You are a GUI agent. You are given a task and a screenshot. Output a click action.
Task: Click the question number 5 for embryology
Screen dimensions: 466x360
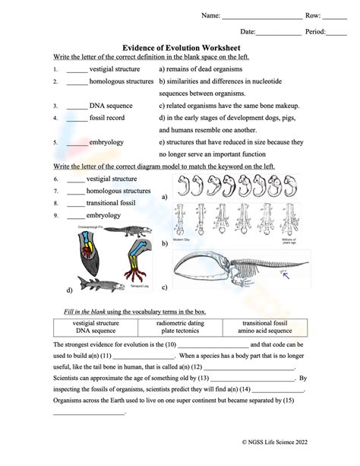56,142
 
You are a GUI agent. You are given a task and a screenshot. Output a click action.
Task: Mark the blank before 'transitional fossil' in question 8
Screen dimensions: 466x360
75,204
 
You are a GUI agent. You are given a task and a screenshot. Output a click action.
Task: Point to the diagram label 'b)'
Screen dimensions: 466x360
164,243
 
